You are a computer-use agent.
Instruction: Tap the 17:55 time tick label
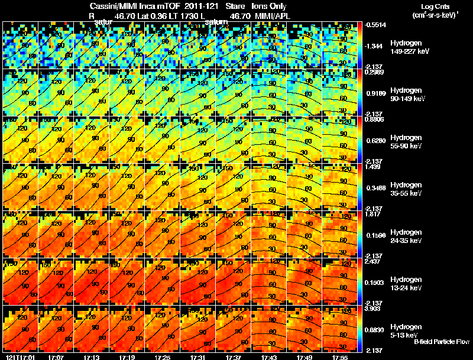pos(339,357)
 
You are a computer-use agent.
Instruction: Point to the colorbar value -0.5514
pos(375,25)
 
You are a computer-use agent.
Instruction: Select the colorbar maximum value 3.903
pos(374,309)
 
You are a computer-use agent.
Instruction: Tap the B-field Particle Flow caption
pos(441,342)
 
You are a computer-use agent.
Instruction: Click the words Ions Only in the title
pos(270,6)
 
